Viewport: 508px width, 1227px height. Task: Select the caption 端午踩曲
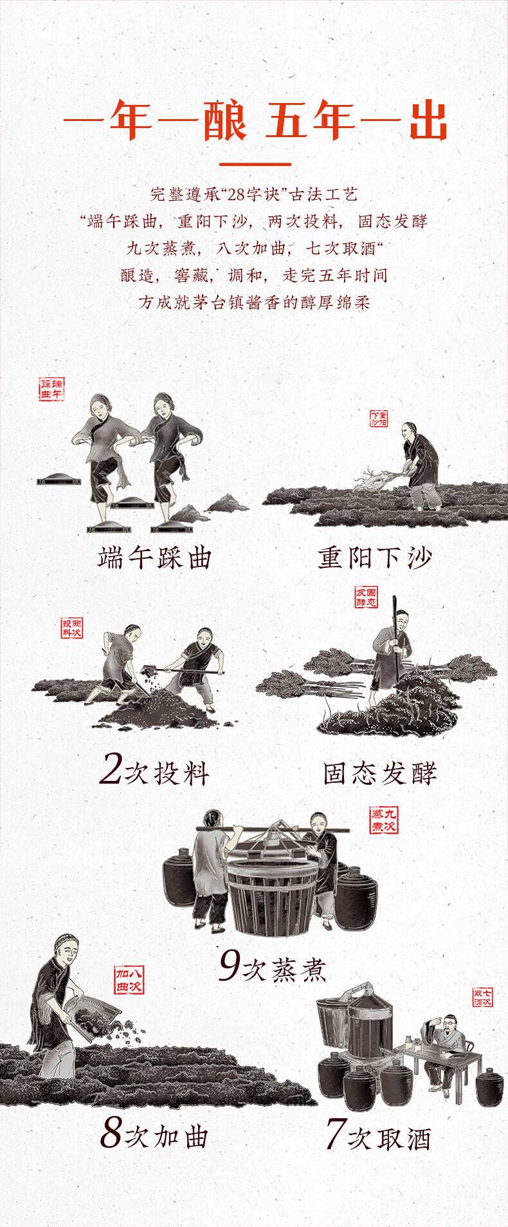[x=154, y=558]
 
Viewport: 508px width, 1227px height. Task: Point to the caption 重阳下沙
[x=375, y=558]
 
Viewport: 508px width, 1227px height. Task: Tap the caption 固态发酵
[x=381, y=773]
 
